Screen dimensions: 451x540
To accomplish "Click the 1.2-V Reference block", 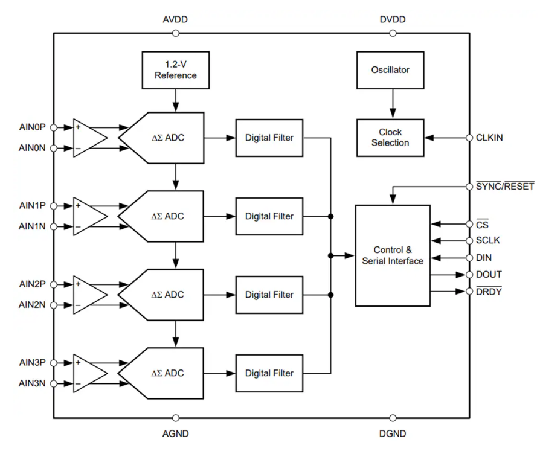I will tap(175, 70).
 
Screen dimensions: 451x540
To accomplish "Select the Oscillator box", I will tap(390, 70).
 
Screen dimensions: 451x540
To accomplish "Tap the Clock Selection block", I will tap(390, 138).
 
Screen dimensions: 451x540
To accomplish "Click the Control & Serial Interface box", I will tap(392, 255).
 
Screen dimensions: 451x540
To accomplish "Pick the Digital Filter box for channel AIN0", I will tap(269, 138).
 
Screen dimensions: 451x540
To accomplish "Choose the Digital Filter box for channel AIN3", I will tap(269, 373).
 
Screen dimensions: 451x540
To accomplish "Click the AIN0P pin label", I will tap(32, 127).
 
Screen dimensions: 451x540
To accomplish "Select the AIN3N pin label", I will tap(32, 383).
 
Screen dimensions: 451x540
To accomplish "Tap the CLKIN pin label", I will tap(489, 138).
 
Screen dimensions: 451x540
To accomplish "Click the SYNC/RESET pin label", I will tap(505, 186).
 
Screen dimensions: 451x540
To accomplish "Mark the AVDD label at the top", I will tap(175, 19).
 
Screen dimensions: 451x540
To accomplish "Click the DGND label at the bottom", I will tap(393, 433).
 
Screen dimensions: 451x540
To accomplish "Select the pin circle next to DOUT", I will tap(469, 275).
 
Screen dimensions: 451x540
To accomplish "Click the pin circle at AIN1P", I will tap(54, 206).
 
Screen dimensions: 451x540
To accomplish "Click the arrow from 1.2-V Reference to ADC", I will tap(175, 100).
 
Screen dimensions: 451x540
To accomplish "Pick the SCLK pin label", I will tap(488, 240).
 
